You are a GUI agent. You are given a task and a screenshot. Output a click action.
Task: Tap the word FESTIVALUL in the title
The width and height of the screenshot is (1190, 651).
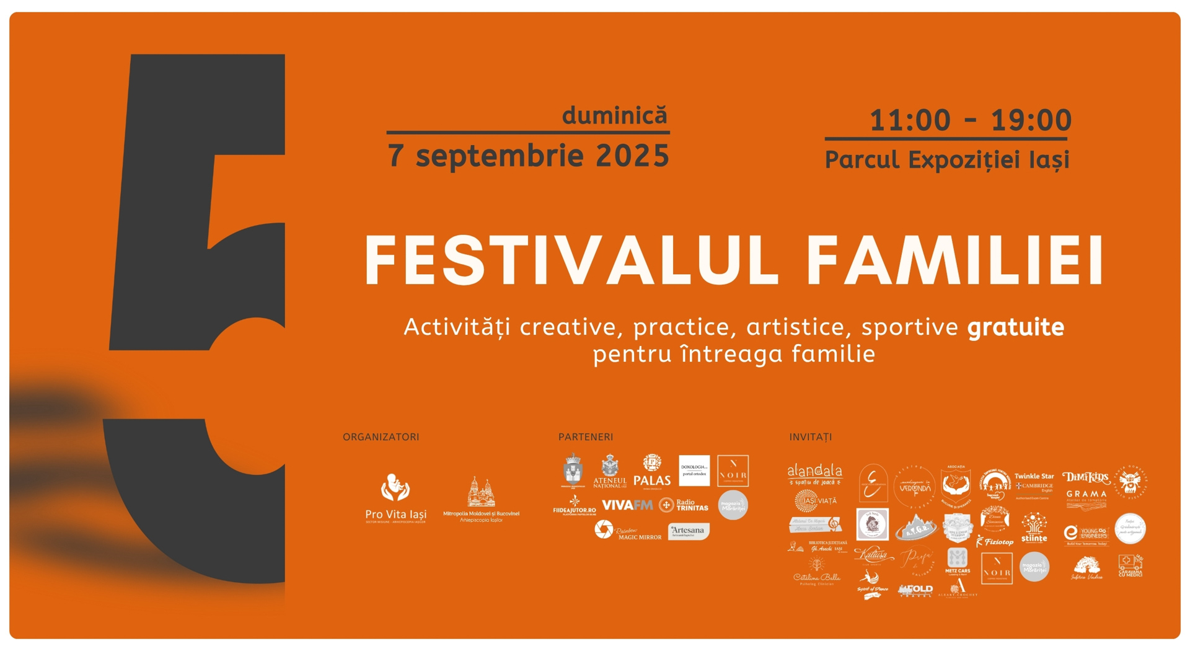point(570,260)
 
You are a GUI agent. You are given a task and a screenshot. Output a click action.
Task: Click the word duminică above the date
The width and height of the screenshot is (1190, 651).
point(614,116)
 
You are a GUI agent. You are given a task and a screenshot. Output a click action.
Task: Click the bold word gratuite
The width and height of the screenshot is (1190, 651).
point(1015,327)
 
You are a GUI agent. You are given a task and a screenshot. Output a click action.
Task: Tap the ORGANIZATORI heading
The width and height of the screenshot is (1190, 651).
point(381,437)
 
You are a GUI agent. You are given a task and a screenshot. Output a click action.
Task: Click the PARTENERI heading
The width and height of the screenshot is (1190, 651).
point(585,437)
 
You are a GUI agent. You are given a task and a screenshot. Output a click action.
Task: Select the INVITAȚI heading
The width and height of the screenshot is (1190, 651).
point(810,437)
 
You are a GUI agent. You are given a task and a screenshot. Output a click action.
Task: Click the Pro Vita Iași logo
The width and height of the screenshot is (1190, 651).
point(395,498)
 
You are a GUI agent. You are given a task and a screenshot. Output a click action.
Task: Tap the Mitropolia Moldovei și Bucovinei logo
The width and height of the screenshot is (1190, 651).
point(481,500)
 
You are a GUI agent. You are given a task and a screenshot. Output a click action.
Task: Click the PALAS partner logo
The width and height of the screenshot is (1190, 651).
point(651,471)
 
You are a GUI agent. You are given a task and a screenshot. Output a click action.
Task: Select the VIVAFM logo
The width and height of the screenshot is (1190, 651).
point(627,505)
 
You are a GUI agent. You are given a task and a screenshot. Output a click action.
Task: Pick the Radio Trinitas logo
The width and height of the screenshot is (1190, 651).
point(684,505)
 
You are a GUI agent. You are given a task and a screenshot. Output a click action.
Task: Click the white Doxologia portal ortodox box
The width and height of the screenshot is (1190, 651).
point(694,471)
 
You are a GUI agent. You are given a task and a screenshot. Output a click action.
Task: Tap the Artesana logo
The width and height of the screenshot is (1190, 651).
point(688,531)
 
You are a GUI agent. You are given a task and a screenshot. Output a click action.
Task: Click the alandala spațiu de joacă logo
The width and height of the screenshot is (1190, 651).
point(814,474)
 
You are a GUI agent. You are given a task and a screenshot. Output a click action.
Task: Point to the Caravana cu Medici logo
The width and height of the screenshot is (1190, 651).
point(1130,565)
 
